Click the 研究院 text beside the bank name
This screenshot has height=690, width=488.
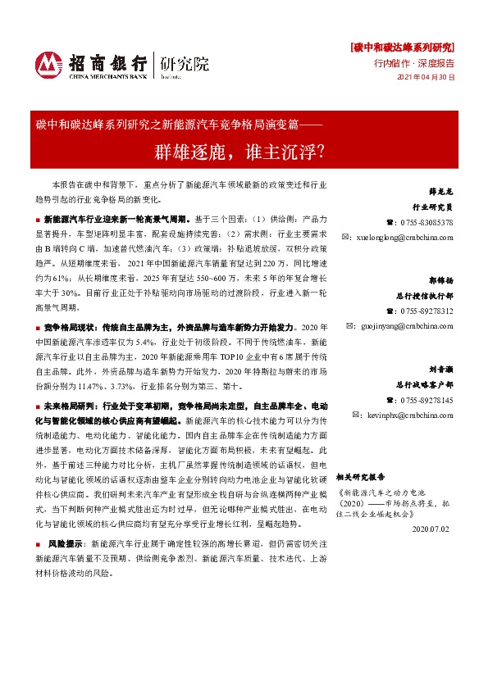coord(184,63)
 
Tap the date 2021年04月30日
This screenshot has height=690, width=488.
coord(425,77)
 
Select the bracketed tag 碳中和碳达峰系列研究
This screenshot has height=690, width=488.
coord(403,47)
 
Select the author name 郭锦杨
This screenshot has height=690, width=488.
coord(440,283)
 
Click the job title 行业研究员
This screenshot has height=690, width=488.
coord(435,208)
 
